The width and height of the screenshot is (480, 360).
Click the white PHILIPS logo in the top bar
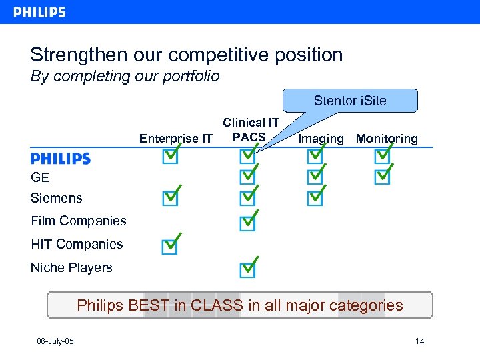tap(39, 12)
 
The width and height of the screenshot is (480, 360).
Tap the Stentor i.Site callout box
tap(350, 101)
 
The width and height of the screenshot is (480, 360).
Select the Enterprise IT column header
tap(175, 139)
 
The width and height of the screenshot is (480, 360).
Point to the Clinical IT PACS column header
tap(251, 130)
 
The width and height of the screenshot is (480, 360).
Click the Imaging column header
tap(321, 139)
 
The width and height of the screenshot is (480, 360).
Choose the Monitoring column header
tap(387, 139)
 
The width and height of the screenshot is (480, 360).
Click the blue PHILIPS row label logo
tap(60, 159)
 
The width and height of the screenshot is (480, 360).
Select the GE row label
tap(40, 177)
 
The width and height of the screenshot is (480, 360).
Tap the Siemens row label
tap(57, 198)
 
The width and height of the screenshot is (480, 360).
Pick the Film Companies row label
tap(79, 221)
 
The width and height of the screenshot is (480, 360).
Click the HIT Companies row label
tap(77, 244)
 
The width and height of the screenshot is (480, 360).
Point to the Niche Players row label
tap(71, 267)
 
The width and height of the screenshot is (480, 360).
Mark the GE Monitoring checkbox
tap(382, 177)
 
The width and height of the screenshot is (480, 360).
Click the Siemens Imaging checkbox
tap(315, 198)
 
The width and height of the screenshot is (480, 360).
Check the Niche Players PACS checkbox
tap(247, 269)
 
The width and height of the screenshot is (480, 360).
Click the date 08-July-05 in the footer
tap(55, 342)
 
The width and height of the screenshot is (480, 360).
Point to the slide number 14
tap(419, 342)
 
